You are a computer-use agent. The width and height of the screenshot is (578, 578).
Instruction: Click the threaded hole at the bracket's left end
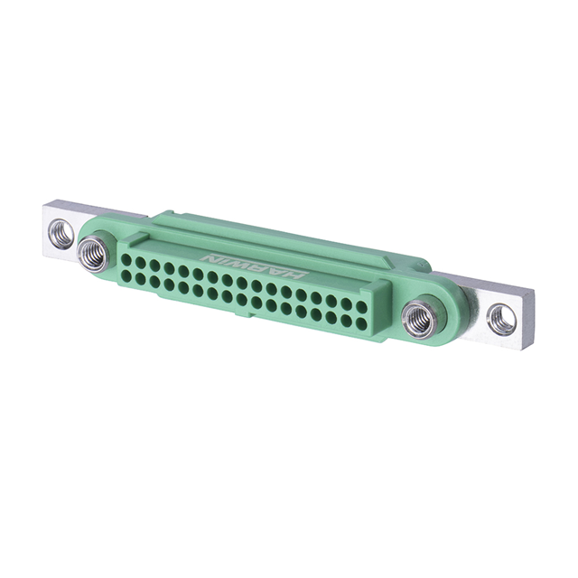coord(61,232)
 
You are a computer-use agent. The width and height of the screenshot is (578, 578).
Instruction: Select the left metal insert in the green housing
coord(92,254)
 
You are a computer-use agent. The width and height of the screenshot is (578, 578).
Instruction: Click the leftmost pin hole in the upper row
coord(126,260)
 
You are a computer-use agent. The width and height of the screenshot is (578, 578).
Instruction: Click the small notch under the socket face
coord(237,315)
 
